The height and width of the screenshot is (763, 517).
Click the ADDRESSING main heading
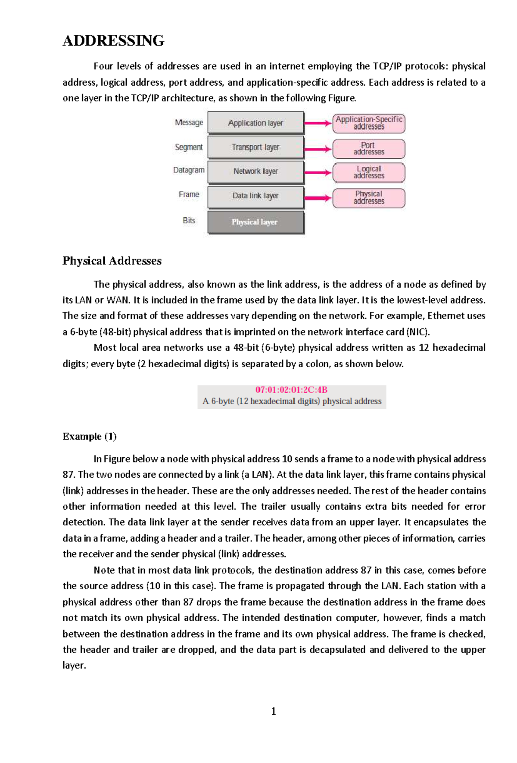113,41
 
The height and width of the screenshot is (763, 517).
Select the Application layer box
255,123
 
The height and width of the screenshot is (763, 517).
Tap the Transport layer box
255,147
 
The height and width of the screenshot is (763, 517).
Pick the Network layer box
255,172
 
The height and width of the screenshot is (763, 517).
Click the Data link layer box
255,196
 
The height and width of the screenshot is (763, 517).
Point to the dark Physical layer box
255,222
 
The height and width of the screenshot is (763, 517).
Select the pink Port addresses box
369,149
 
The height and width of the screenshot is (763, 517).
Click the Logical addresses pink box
369,172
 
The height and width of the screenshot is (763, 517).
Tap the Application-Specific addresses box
369,123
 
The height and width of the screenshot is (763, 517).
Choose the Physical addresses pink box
369,198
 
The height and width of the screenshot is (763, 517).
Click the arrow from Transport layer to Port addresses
318,149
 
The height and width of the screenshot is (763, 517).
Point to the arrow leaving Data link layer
318,198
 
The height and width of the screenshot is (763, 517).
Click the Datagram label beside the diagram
189,170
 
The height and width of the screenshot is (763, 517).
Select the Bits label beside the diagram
189,221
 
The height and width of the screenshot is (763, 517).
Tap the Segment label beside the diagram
189,147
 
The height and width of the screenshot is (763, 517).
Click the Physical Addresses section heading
112,261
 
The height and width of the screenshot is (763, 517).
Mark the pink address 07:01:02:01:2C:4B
291,390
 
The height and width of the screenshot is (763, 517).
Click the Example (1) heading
90,437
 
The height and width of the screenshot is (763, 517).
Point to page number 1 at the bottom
274,711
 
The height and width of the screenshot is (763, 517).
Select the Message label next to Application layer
189,123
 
